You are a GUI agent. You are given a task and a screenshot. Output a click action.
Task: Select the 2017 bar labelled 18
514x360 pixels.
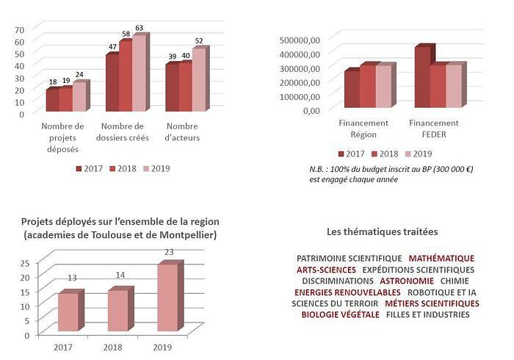52,100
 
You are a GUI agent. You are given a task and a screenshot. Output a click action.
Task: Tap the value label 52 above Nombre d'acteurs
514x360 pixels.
199,40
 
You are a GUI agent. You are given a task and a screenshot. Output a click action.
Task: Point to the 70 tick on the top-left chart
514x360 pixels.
20,29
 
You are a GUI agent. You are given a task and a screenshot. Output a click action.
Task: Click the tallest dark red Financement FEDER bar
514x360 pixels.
422,77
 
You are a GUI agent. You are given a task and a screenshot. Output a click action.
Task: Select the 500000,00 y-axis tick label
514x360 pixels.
300,40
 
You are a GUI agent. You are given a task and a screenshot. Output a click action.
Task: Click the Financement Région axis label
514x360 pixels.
358,129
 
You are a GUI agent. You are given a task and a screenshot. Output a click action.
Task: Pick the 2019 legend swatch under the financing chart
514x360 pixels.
408,154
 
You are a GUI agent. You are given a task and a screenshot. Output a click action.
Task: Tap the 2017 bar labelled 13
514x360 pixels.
68,312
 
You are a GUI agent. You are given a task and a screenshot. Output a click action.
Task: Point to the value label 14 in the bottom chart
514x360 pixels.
119,275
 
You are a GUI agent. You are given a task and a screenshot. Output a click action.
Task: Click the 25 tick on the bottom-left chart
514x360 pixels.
24,262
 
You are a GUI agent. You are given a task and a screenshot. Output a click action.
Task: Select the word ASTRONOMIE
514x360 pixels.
407,281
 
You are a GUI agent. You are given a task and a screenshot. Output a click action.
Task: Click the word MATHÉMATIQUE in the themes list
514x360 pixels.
441,259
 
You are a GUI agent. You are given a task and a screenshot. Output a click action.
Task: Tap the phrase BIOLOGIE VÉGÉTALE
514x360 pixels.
340,314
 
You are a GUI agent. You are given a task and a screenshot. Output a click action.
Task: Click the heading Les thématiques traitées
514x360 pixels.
382,231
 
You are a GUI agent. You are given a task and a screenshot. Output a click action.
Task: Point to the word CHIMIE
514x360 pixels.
455,281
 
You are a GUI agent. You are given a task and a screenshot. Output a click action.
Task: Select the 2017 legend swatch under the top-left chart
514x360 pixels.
79,169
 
